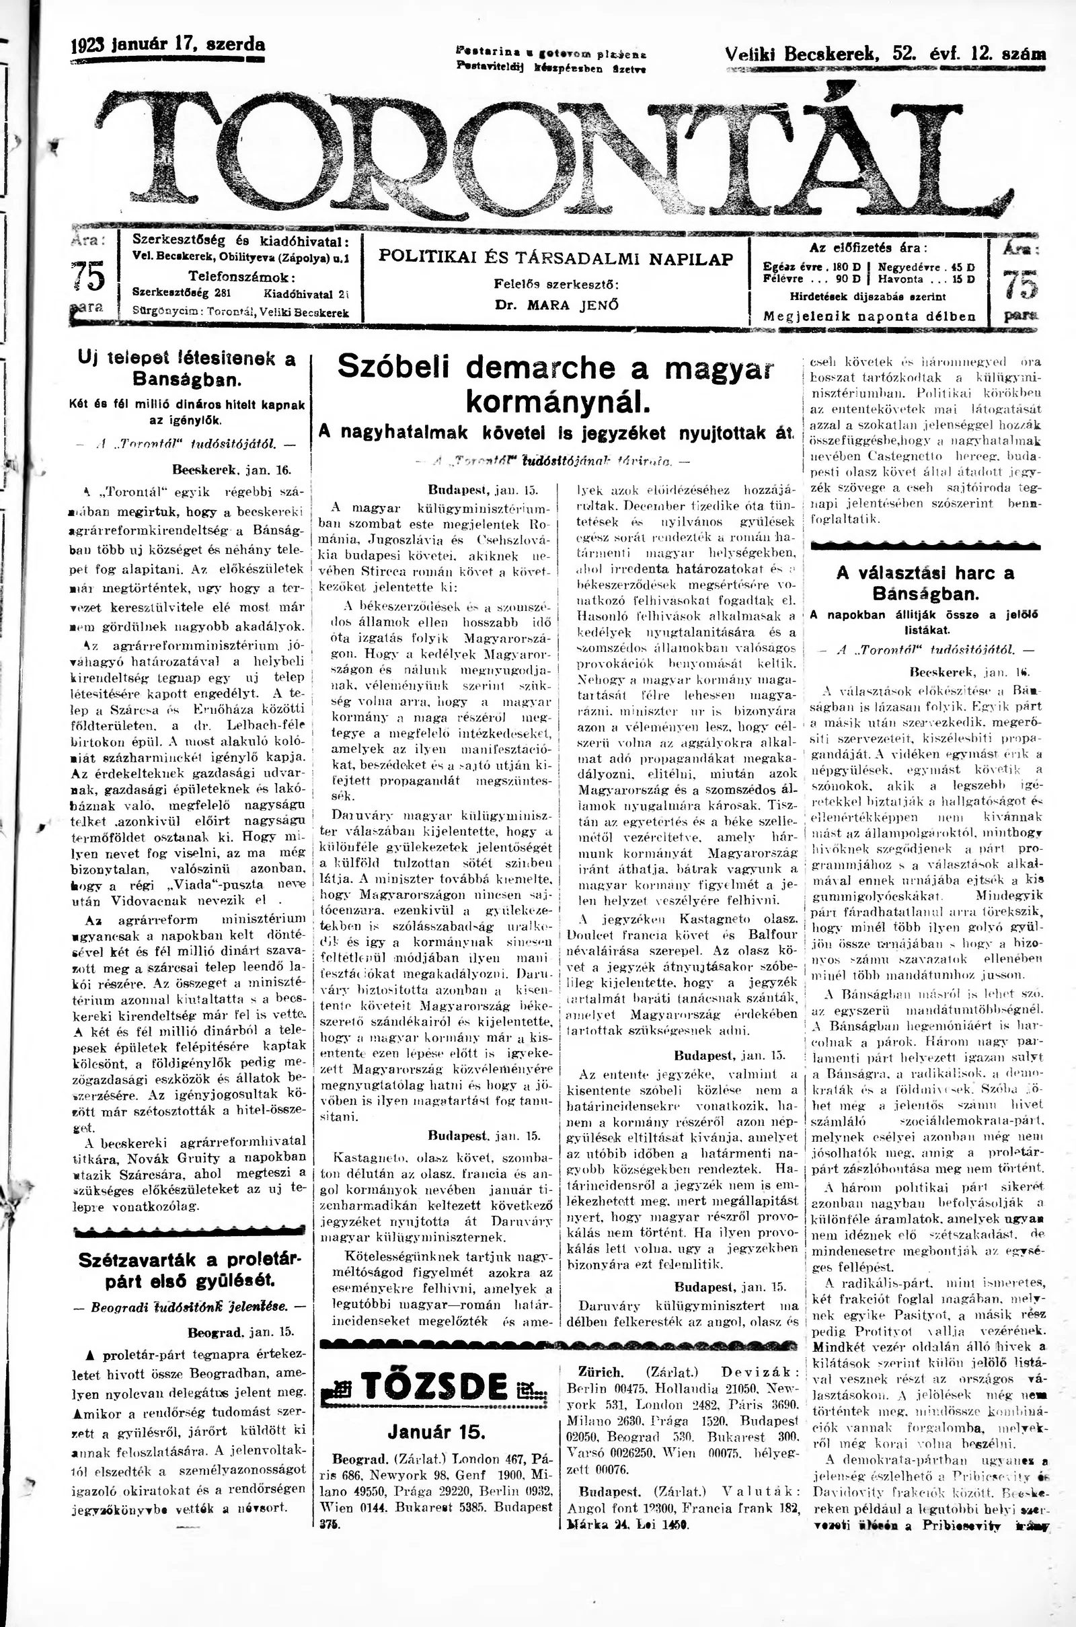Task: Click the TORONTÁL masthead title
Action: tap(549, 155)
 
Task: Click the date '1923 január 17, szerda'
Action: tap(168, 45)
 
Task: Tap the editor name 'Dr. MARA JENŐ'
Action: tap(557, 305)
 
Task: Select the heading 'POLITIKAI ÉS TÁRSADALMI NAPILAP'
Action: tap(556, 258)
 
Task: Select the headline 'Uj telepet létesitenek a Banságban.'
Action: tap(187, 368)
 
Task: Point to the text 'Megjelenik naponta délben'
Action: tap(870, 316)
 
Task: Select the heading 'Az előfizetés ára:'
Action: tap(869, 248)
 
